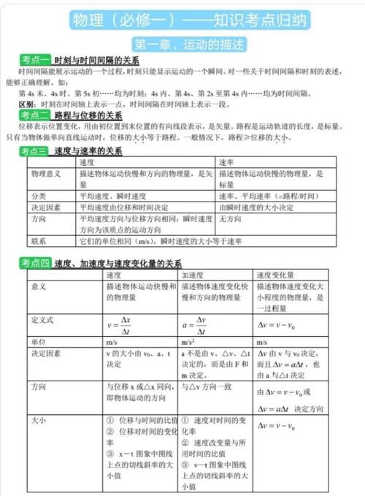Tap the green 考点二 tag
point(34,115)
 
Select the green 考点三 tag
point(34,150)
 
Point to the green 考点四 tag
point(34,263)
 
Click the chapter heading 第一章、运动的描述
point(182,42)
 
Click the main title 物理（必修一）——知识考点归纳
point(182,19)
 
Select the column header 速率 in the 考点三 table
point(226,162)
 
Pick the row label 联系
point(39,240)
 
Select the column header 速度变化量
point(274,275)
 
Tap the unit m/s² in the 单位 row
point(188,341)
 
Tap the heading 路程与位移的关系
point(88,115)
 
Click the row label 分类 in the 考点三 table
point(39,196)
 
